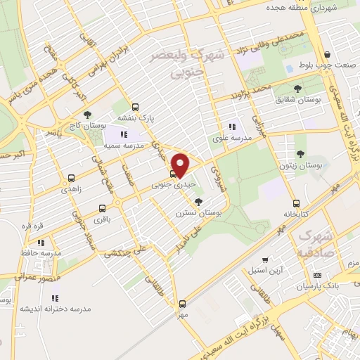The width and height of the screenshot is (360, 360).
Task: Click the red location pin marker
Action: tap(181, 165)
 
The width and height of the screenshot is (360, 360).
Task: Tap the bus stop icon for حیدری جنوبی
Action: tap(173, 174)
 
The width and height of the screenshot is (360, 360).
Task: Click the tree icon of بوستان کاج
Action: tap(86, 114)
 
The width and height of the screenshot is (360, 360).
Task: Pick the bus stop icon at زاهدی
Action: tap(71, 179)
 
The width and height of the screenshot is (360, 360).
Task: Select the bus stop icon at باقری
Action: tap(103, 208)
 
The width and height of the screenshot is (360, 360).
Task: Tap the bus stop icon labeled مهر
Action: tap(183, 304)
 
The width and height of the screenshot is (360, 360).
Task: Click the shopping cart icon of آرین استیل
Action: tap(264, 259)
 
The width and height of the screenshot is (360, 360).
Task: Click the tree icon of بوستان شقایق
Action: tap(297, 89)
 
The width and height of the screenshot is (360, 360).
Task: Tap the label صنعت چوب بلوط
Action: tap(327, 67)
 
